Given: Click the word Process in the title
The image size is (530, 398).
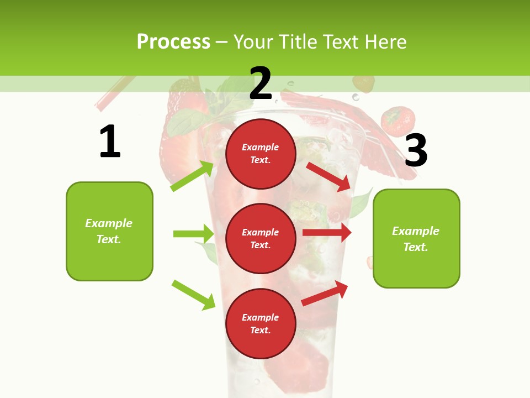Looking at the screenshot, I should [x=173, y=42].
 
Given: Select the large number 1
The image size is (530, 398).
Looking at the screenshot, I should [x=110, y=142].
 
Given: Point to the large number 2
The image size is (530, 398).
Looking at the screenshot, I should [x=261, y=83].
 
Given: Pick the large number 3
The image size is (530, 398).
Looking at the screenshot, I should [x=416, y=150].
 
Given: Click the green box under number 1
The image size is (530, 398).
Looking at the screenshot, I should [x=109, y=231].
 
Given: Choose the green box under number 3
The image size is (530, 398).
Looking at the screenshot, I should [x=416, y=239].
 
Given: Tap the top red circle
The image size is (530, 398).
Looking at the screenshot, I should [x=261, y=154].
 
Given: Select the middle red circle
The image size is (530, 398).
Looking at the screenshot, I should [x=261, y=239].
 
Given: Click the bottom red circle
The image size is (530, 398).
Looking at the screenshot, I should [x=261, y=324].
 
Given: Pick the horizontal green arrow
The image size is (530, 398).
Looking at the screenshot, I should [x=193, y=234].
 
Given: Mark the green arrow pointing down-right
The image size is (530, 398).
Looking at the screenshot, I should [x=193, y=295].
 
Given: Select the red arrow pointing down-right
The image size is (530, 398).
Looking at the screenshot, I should [x=328, y=176].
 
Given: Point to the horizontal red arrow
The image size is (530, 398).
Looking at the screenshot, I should [x=327, y=233].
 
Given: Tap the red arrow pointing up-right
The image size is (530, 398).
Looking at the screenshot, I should [x=325, y=293].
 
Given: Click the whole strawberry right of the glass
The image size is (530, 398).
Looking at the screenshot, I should [x=398, y=121].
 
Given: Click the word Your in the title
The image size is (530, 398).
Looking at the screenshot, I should [x=253, y=42].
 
